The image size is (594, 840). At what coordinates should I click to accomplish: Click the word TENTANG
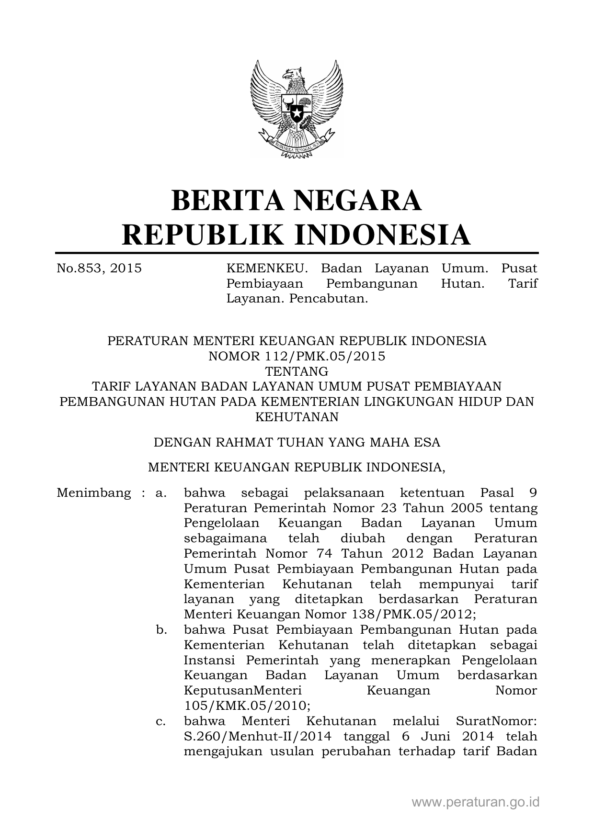297,371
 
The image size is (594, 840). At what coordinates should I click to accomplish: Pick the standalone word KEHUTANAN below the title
297,417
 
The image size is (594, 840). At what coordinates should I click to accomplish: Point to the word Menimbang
94,493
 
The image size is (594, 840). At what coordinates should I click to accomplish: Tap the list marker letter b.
161,630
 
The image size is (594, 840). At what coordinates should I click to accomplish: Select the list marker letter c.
161,721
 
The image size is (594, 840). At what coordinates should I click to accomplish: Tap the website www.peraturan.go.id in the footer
476,802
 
